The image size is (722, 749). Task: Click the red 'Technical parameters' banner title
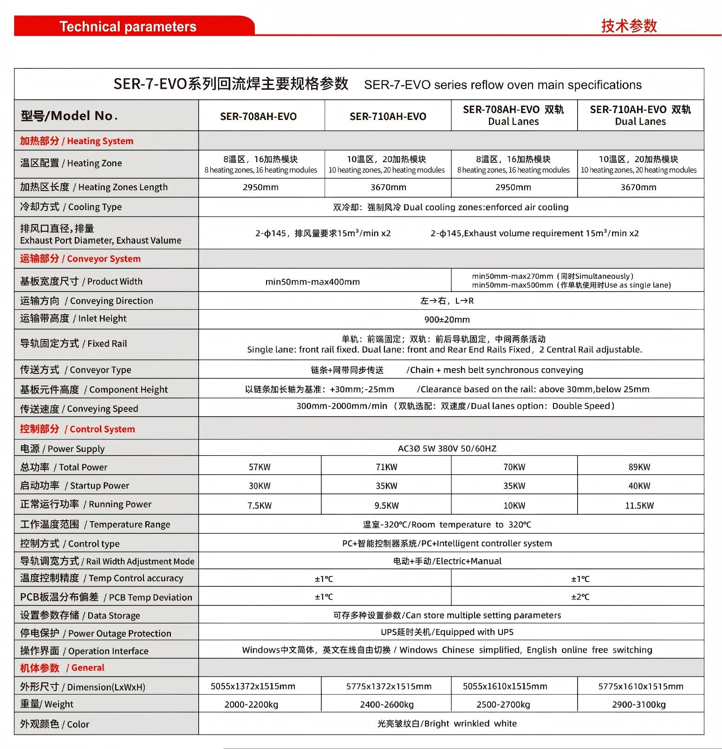click(128, 27)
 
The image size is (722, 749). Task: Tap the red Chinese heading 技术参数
click(629, 26)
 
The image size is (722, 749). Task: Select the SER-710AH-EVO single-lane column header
click(388, 116)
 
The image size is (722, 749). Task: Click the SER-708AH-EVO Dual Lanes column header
click(514, 115)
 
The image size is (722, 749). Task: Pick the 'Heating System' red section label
click(77, 141)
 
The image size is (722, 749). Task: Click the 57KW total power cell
click(260, 467)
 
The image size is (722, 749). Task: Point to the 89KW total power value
click(639, 467)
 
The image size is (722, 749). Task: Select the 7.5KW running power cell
click(260, 505)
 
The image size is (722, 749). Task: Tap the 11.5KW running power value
click(639, 505)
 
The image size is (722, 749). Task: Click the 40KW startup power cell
click(639, 486)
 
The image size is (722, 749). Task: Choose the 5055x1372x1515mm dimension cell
click(253, 686)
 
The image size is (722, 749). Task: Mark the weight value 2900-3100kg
click(639, 704)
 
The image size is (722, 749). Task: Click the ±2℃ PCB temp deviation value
click(580, 597)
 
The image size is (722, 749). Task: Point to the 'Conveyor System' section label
click(80, 259)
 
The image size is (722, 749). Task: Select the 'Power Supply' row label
click(62, 449)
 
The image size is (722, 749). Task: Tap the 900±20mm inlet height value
click(447, 319)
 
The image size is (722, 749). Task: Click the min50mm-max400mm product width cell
click(312, 282)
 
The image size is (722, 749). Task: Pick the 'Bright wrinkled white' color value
click(447, 723)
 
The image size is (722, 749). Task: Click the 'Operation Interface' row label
click(84, 650)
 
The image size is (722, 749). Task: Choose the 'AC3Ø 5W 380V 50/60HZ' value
click(447, 449)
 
